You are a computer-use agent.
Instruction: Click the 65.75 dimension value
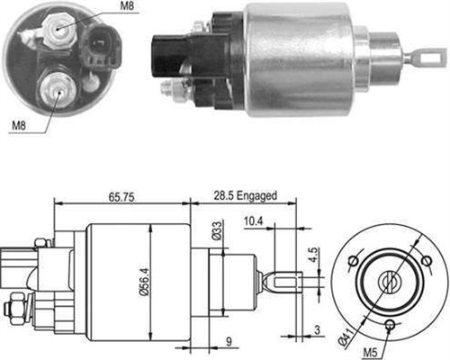click(x=121, y=197)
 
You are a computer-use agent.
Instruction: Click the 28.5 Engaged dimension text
click(x=245, y=196)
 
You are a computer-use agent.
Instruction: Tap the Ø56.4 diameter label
click(x=145, y=283)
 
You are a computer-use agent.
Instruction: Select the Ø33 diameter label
click(x=217, y=230)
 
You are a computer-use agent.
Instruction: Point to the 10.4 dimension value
click(x=253, y=221)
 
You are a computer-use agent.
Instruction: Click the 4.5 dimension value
click(x=313, y=255)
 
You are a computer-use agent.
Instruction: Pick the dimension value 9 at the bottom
click(x=229, y=342)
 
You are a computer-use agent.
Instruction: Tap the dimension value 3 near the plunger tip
click(x=317, y=329)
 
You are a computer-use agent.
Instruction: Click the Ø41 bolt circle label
click(x=347, y=337)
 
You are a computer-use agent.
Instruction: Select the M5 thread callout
click(x=370, y=353)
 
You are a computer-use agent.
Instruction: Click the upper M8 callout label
click(x=127, y=6)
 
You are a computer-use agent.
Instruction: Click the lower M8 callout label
click(x=19, y=125)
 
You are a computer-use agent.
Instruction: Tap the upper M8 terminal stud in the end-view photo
click(x=59, y=30)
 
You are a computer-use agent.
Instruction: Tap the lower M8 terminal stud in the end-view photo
click(x=58, y=89)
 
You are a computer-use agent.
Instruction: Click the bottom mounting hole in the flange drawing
click(x=391, y=324)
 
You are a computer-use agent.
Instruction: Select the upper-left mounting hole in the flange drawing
click(x=354, y=261)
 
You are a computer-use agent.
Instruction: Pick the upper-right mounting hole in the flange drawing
click(x=426, y=261)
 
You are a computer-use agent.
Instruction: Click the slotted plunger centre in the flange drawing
click(x=390, y=282)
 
